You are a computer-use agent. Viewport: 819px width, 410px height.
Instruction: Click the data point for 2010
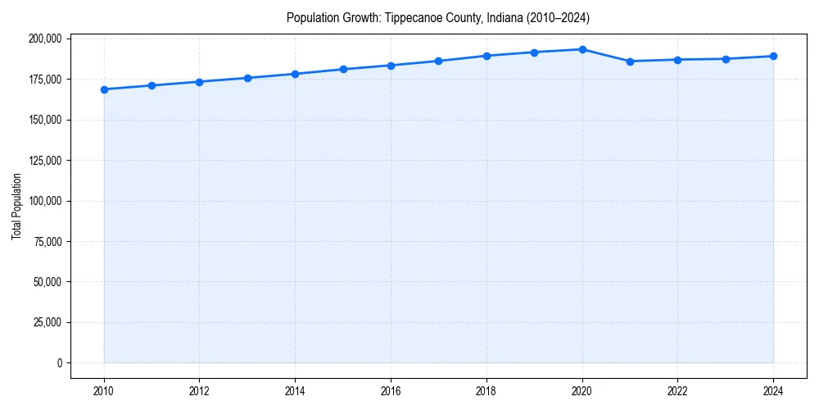[104, 89]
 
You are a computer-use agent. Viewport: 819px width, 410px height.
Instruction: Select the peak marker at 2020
[582, 49]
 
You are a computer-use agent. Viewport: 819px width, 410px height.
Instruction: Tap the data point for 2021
[630, 61]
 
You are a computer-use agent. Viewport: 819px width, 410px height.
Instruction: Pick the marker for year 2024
[773, 57]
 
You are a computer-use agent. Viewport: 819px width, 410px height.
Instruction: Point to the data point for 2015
[343, 69]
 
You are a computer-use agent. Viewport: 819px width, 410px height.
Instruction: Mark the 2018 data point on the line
[486, 56]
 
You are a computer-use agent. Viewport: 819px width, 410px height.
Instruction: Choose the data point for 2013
[247, 78]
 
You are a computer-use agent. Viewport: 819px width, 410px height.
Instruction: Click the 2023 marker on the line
[726, 59]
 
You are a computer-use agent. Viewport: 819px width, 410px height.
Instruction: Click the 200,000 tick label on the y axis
[45, 39]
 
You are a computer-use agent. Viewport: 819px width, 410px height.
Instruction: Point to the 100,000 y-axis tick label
[45, 201]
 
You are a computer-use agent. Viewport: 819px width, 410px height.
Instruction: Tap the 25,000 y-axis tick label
[48, 322]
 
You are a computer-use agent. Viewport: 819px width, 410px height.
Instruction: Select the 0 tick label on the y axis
[58, 362]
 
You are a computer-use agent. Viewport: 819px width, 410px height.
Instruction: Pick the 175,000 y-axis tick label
[45, 80]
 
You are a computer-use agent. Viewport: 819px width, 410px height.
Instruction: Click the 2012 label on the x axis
[199, 390]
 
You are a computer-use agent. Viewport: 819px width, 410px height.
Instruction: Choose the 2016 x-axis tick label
[391, 390]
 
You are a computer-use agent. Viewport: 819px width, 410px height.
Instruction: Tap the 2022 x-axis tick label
[677, 390]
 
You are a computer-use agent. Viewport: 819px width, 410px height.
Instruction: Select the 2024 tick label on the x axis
[773, 390]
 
